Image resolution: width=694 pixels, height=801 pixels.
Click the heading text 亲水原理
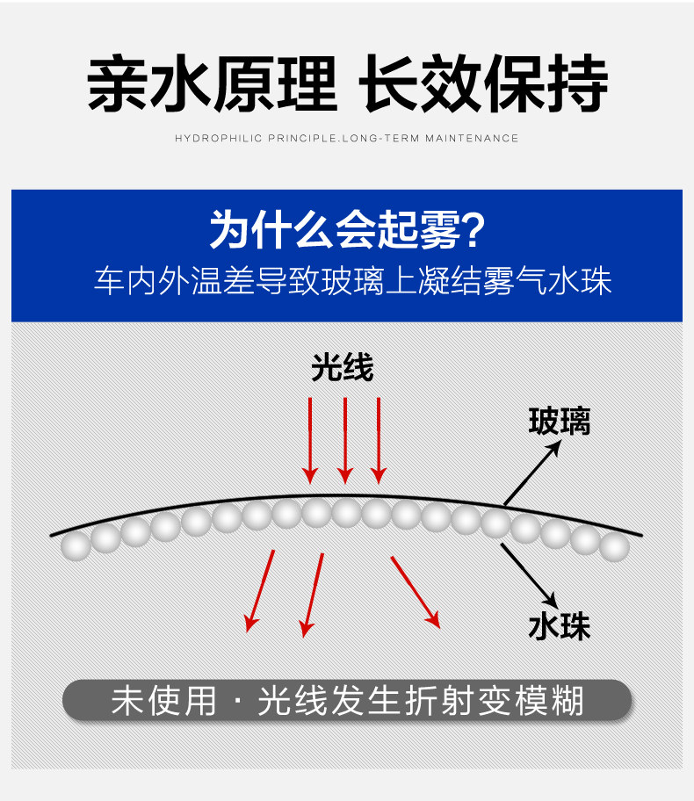[212, 85]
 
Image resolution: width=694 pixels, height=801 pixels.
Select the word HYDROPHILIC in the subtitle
[219, 138]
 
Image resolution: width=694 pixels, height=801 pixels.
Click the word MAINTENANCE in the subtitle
[472, 138]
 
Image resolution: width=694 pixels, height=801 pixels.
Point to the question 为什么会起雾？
[347, 230]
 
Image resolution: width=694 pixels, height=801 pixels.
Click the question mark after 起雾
[473, 230]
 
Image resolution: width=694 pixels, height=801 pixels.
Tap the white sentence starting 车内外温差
[352, 282]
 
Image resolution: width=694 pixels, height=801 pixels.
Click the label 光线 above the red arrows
[343, 368]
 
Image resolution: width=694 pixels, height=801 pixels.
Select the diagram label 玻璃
[559, 422]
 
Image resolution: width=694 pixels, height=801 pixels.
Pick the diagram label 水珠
[559, 626]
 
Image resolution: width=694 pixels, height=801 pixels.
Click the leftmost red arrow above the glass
[310, 439]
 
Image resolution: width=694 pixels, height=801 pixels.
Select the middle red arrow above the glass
[345, 439]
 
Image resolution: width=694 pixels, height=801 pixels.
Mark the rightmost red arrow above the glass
[379, 439]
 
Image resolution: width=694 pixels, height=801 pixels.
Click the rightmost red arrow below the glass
[415, 591]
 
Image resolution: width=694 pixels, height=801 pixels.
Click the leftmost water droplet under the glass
[76, 545]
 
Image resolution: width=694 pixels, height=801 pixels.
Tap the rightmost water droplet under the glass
[615, 546]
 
